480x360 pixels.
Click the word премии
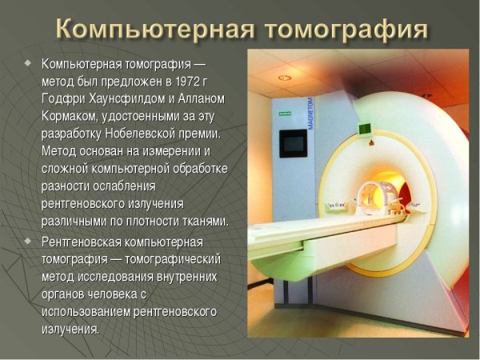197,134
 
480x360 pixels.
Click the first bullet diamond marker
29,62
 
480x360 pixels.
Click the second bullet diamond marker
29,240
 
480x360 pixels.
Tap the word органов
65,294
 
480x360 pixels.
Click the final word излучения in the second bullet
70,330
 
